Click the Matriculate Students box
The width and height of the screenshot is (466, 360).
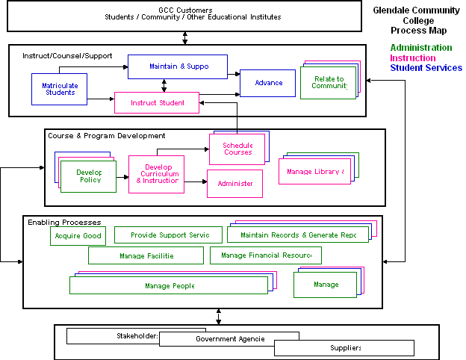point(59,89)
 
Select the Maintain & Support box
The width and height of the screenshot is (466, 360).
point(178,66)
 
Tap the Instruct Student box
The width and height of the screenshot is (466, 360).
point(157,102)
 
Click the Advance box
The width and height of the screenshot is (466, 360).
point(267,83)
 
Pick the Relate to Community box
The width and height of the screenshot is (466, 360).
point(328,82)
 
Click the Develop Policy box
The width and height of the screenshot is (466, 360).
point(89,176)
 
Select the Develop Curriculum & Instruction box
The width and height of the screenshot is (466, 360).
point(156,174)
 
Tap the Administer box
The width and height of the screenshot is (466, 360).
point(234,184)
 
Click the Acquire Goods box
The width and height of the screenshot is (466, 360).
point(78,236)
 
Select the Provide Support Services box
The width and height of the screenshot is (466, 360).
point(168,235)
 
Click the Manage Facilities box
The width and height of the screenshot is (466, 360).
point(146,255)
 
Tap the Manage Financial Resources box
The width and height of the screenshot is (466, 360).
point(265,255)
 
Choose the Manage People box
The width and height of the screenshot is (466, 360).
point(168,285)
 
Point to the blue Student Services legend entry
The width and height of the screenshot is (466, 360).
point(426,68)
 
